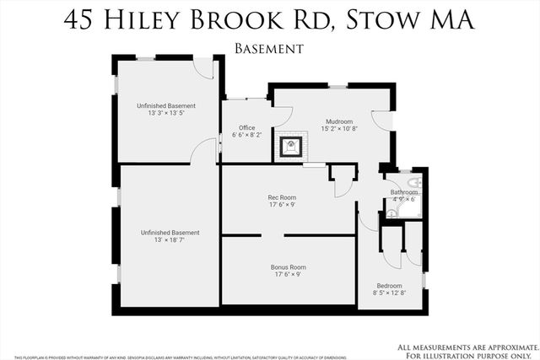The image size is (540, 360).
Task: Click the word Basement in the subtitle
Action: pyautogui.click(x=269, y=49)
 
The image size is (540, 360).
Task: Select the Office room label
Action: pyautogui.click(x=246, y=128)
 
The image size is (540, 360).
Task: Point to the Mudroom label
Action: pyautogui.click(x=339, y=121)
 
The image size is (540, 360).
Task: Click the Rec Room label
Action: pyautogui.click(x=281, y=198)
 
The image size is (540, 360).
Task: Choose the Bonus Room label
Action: pyautogui.click(x=288, y=266)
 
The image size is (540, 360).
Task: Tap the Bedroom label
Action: pyautogui.click(x=389, y=286)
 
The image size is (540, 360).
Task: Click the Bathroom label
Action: pyautogui.click(x=403, y=192)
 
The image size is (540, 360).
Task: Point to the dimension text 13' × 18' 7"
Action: pyautogui.click(x=170, y=240)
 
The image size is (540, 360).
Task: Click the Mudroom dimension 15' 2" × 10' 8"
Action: pyautogui.click(x=339, y=129)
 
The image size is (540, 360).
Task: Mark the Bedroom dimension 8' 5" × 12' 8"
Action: pyautogui.click(x=389, y=293)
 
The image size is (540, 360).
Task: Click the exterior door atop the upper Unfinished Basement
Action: pyautogui.click(x=203, y=67)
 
